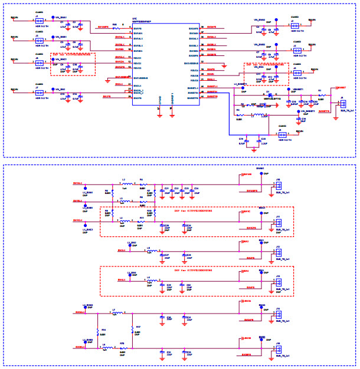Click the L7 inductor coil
114,313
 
